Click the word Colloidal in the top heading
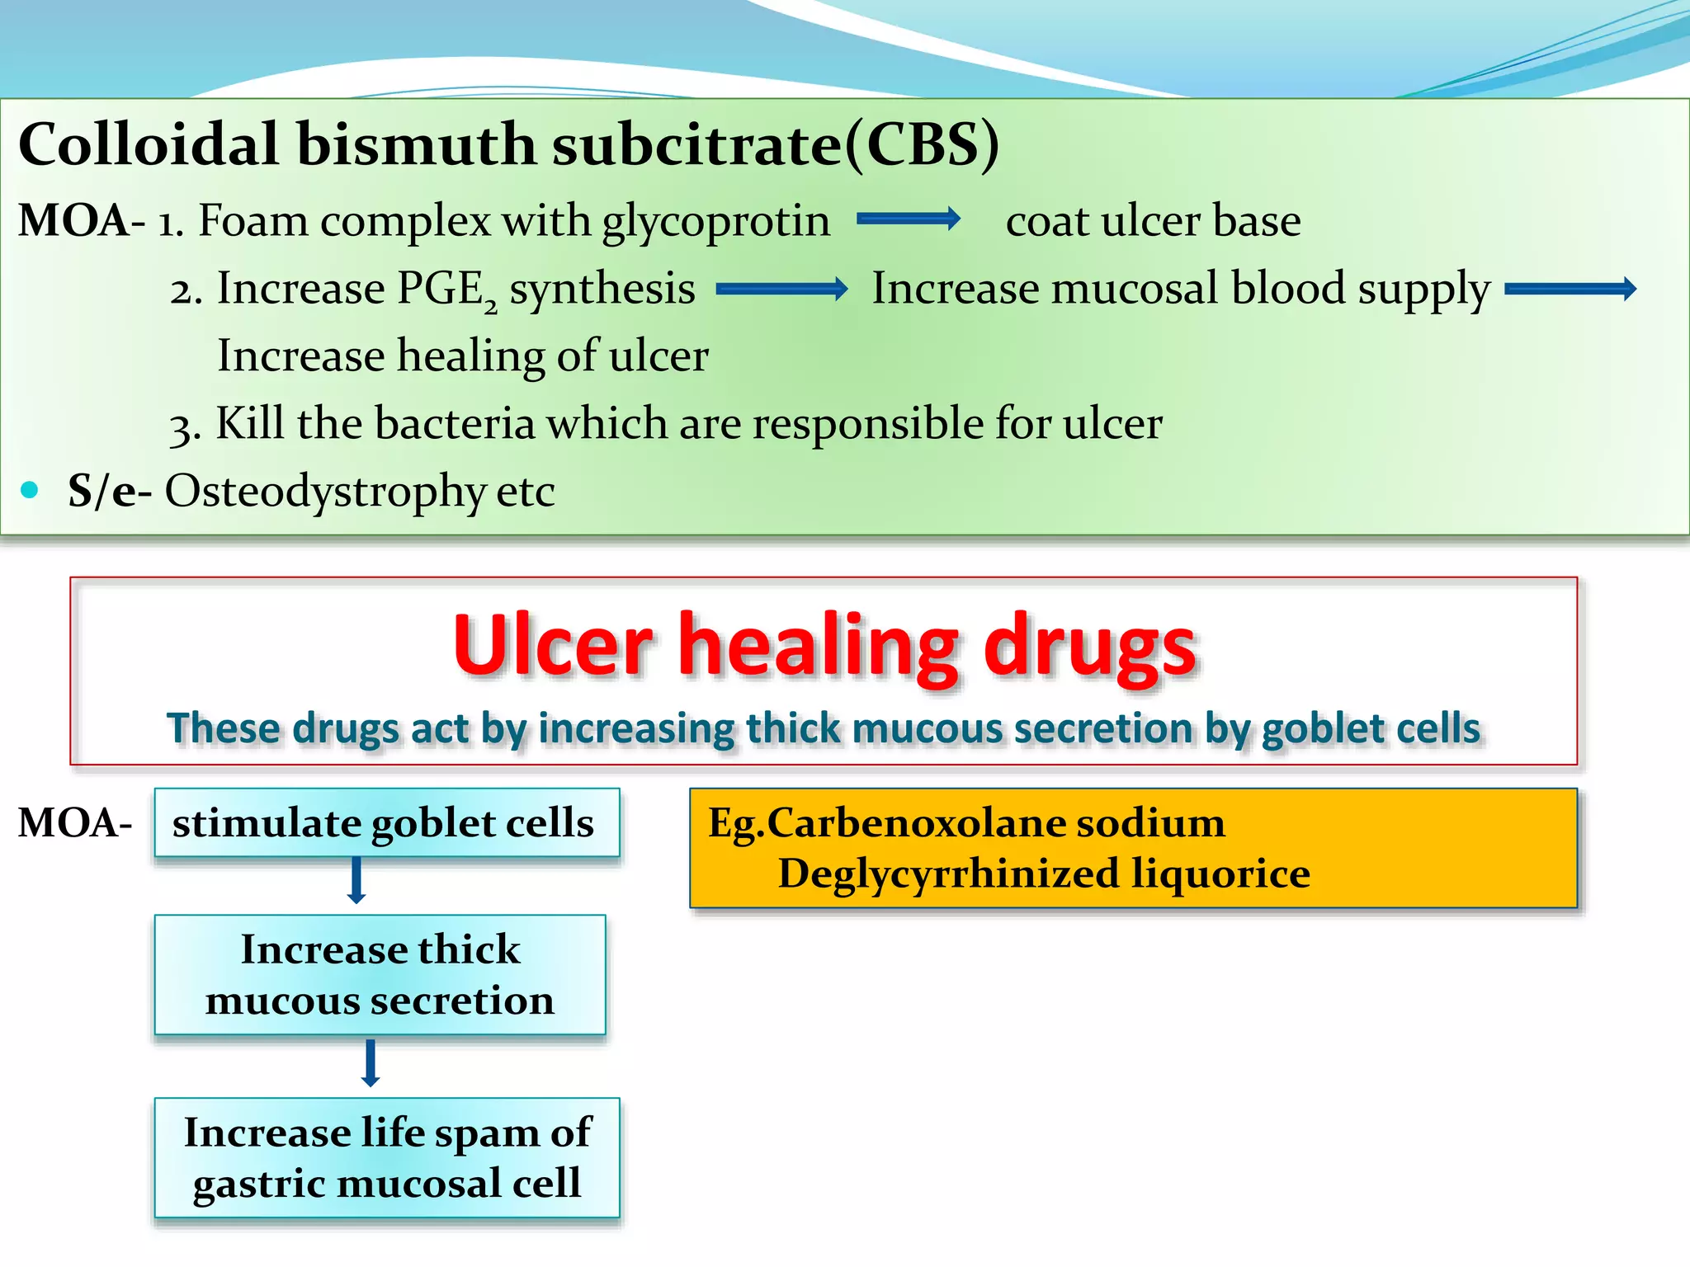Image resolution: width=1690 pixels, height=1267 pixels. [x=149, y=144]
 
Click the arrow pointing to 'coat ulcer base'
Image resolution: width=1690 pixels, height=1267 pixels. [x=908, y=219]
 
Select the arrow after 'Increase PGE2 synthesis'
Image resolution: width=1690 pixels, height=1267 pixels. [x=781, y=289]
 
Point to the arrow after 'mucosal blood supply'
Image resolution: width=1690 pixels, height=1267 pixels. [x=1570, y=289]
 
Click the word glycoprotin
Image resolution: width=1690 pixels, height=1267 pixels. [x=715, y=221]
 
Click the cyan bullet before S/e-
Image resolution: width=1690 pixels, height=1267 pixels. [x=31, y=490]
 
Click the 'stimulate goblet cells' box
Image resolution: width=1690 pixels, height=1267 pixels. [x=386, y=822]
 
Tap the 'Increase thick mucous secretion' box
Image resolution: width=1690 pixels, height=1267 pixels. [x=380, y=974]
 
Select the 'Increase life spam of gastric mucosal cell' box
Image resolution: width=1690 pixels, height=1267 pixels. [x=386, y=1157]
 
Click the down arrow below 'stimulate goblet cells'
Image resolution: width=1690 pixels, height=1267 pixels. [x=356, y=880]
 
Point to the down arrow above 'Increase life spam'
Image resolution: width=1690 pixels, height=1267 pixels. [x=371, y=1062]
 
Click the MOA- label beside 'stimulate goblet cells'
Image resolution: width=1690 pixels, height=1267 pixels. [x=74, y=822]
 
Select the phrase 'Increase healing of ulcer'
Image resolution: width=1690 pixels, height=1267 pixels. [x=462, y=356]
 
